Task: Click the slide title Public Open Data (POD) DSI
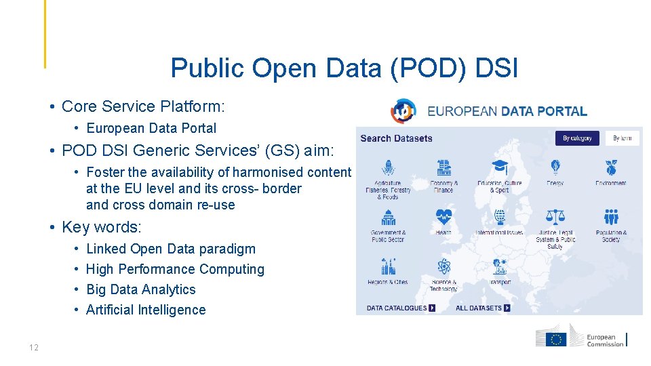344,68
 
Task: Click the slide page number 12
34,348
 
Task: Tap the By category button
577,138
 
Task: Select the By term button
622,138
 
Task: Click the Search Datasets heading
396,138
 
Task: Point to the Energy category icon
555,167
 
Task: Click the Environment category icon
611,167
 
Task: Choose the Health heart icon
444,217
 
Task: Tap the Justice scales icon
555,217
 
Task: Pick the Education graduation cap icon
500,167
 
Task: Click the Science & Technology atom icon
444,266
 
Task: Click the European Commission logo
581,339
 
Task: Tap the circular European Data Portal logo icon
403,111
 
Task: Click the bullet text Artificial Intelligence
146,310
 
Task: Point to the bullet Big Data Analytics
141,289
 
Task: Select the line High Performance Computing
175,269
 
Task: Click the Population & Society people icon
611,217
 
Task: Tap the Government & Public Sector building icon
389,217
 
